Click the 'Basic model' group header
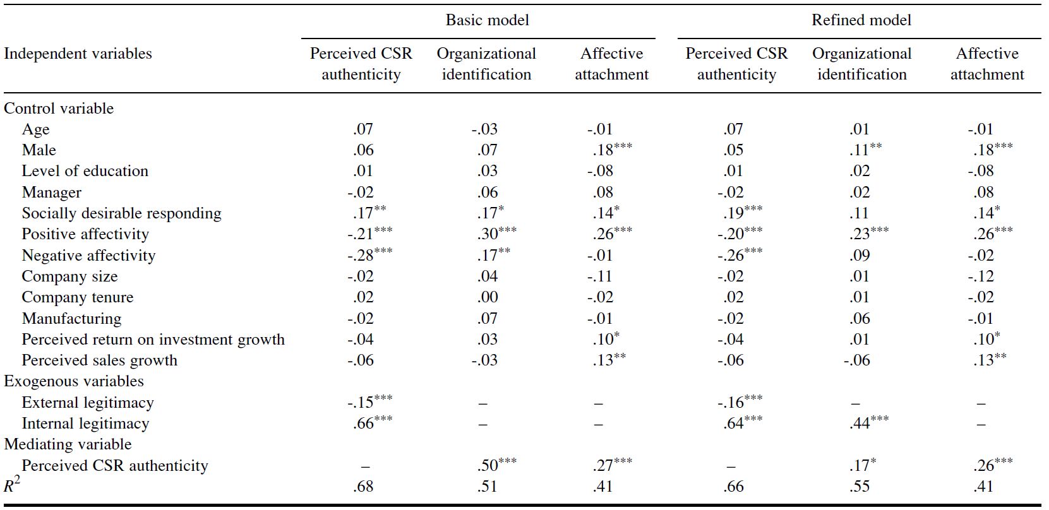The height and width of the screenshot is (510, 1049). coord(487,20)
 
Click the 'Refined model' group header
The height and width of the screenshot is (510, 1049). coord(861,20)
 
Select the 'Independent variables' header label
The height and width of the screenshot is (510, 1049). coord(78,54)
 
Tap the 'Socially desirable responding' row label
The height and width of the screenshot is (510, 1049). coord(121,213)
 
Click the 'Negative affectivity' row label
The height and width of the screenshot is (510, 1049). coord(88,256)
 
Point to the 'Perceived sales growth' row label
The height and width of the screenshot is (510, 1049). coord(99,360)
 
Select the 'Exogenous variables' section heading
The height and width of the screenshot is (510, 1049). coord(74,381)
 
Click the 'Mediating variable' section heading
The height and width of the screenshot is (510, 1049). coord(68,444)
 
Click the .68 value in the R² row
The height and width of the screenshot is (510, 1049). coord(363,487)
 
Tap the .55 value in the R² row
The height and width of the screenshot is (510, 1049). coord(859,487)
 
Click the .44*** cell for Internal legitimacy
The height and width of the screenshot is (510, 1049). coord(868,424)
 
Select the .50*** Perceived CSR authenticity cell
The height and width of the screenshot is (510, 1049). coord(496,465)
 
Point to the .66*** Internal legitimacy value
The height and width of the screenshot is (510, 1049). coord(372,424)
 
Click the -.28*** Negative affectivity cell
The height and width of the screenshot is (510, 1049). coord(369,256)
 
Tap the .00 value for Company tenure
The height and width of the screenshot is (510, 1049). coord(488,297)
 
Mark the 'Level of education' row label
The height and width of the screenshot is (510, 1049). coord(85,171)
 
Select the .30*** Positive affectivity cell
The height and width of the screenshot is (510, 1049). coord(496,234)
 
